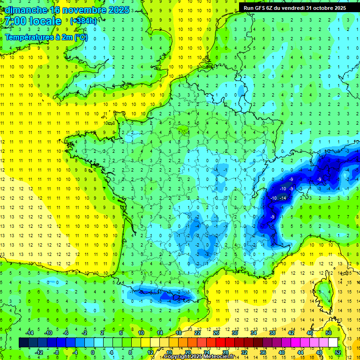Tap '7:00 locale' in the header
pos(33,21)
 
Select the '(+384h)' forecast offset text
pos(83,21)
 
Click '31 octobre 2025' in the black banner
pos(326,7)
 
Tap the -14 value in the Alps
pos(283,198)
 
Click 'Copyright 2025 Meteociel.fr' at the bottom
pos(199,357)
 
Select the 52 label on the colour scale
pos(337,352)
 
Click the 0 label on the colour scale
pos(92,352)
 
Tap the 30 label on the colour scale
pos(234,333)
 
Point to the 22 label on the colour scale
pos(197,333)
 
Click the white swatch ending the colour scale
pos(333,343)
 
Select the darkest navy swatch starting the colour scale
pos(23,343)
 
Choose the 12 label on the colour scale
pos(150,352)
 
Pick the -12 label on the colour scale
pos(39,352)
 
